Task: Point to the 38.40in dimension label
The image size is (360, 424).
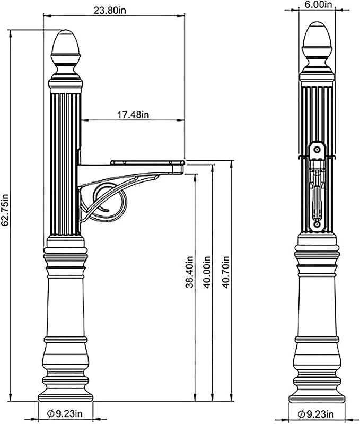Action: click(189, 273)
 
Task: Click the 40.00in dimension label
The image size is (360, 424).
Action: click(207, 273)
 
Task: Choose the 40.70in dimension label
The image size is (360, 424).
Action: click(226, 273)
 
